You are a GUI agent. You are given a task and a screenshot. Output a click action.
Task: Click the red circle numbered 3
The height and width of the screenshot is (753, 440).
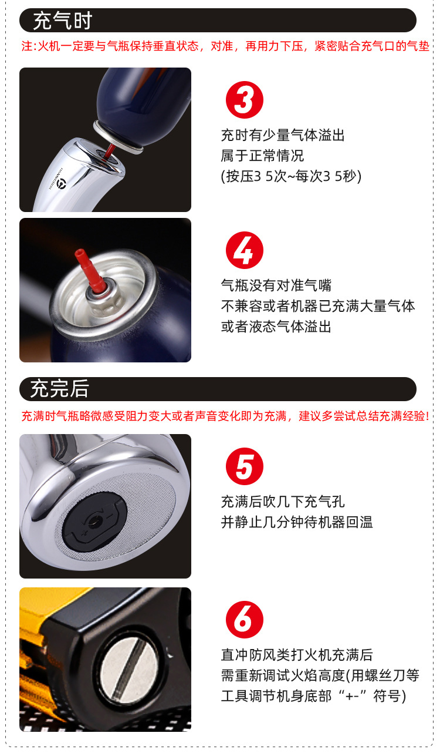(244, 100)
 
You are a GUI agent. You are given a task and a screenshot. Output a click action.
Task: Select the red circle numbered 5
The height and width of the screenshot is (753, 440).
(244, 468)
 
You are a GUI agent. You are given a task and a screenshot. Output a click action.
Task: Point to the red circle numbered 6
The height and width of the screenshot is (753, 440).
(244, 620)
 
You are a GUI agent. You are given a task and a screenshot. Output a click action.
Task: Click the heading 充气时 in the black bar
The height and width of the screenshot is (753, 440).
(62, 21)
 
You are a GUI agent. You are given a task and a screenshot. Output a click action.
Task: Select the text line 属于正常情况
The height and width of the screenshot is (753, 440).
(262, 156)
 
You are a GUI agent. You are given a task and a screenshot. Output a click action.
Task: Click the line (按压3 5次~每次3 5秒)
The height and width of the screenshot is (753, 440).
(291, 176)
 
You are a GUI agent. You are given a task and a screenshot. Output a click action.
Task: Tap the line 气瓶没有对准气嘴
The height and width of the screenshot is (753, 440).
(276, 285)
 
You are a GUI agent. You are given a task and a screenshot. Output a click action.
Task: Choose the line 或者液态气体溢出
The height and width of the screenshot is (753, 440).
(276, 327)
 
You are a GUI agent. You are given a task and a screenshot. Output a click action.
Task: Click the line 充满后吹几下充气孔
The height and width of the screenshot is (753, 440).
(282, 502)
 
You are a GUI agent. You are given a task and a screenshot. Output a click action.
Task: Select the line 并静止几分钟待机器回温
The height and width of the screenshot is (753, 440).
(296, 522)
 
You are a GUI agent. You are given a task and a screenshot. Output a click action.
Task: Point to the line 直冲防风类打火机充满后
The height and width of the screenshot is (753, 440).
(296, 655)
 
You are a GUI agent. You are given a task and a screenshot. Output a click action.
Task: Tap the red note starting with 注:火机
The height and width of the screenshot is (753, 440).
(225, 46)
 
